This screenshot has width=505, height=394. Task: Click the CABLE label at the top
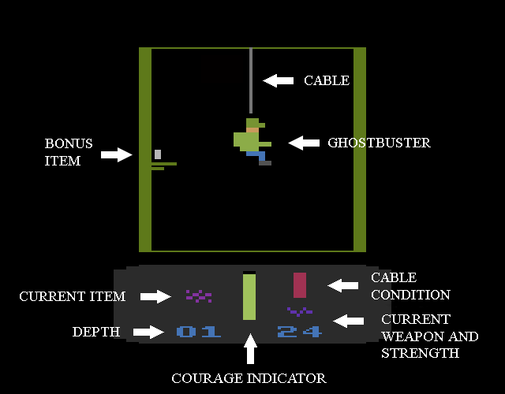(327, 80)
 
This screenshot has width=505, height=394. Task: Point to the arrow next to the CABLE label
(278, 80)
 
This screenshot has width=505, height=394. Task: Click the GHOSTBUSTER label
(379, 143)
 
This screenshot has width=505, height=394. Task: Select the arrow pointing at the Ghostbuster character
(304, 143)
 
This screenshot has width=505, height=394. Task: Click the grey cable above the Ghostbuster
(250, 79)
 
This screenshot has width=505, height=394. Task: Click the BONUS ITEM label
(69, 152)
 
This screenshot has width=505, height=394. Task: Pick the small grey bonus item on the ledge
(158, 154)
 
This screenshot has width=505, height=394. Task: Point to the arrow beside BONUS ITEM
(117, 154)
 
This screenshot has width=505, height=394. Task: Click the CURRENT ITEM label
(73, 297)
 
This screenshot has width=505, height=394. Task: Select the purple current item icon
(199, 296)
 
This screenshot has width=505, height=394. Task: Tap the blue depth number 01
(199, 332)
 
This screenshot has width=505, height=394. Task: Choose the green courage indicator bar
(249, 296)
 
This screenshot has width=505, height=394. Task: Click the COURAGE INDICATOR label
(249, 379)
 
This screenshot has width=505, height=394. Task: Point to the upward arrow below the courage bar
(250, 350)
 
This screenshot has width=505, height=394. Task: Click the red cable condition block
(300, 284)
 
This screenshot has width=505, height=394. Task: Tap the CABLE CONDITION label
(410, 286)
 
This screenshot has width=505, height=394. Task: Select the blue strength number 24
(300, 332)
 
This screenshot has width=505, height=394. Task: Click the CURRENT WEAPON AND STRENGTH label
(429, 336)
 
